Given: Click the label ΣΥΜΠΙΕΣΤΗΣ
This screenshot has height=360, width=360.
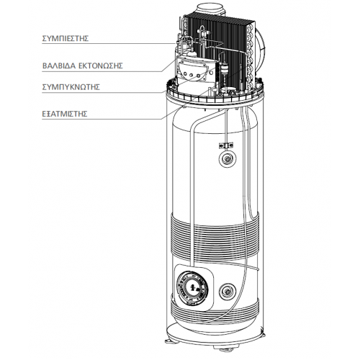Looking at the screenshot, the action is (66, 38).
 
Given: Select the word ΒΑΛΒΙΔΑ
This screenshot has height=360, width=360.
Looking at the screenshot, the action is (59, 66).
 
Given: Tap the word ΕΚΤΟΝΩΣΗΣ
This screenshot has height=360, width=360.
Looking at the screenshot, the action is (101, 66).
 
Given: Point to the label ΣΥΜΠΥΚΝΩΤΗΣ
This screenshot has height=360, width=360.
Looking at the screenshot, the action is (71, 87).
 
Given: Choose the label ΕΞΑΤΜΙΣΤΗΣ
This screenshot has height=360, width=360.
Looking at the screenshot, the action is (65, 114).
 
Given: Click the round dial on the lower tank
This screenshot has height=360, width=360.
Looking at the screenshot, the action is (192, 288).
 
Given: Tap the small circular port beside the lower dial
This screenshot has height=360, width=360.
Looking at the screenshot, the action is (227, 292).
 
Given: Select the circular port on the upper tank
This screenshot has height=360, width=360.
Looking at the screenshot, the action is (227, 158).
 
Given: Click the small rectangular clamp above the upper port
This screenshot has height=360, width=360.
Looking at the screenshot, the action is (226, 145).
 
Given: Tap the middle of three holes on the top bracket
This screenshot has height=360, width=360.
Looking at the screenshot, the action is (192, 75).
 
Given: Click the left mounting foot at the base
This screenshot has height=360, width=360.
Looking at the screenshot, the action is (171, 341).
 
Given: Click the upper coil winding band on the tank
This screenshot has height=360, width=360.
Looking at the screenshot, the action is (215, 238).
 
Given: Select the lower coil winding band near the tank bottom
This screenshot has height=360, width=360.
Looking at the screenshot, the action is (215, 311).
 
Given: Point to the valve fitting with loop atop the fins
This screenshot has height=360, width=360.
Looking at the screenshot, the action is (203, 30).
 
